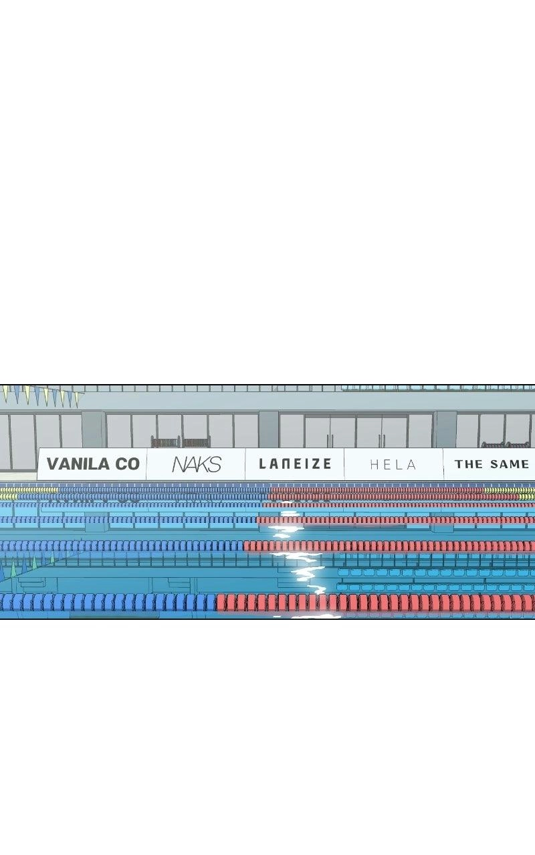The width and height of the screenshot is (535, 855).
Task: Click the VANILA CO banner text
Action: click(93, 464)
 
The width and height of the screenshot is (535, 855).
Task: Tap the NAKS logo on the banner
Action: click(197, 464)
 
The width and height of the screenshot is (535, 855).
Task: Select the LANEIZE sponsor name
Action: click(295, 464)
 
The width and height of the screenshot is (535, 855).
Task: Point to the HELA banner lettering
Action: click(393, 464)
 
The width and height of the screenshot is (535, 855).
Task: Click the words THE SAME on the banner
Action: click(492, 464)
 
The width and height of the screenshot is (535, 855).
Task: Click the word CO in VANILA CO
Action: click(127, 464)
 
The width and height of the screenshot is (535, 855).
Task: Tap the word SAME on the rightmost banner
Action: click(510, 464)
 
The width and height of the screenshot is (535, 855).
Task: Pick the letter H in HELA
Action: click(374, 464)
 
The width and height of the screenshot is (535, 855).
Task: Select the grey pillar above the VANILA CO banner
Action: click(94, 430)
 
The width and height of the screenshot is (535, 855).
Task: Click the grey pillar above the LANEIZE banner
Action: click(269, 430)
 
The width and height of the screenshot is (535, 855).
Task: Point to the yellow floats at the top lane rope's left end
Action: click(29, 490)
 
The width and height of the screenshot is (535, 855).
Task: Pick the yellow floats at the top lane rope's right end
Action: click(509, 490)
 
